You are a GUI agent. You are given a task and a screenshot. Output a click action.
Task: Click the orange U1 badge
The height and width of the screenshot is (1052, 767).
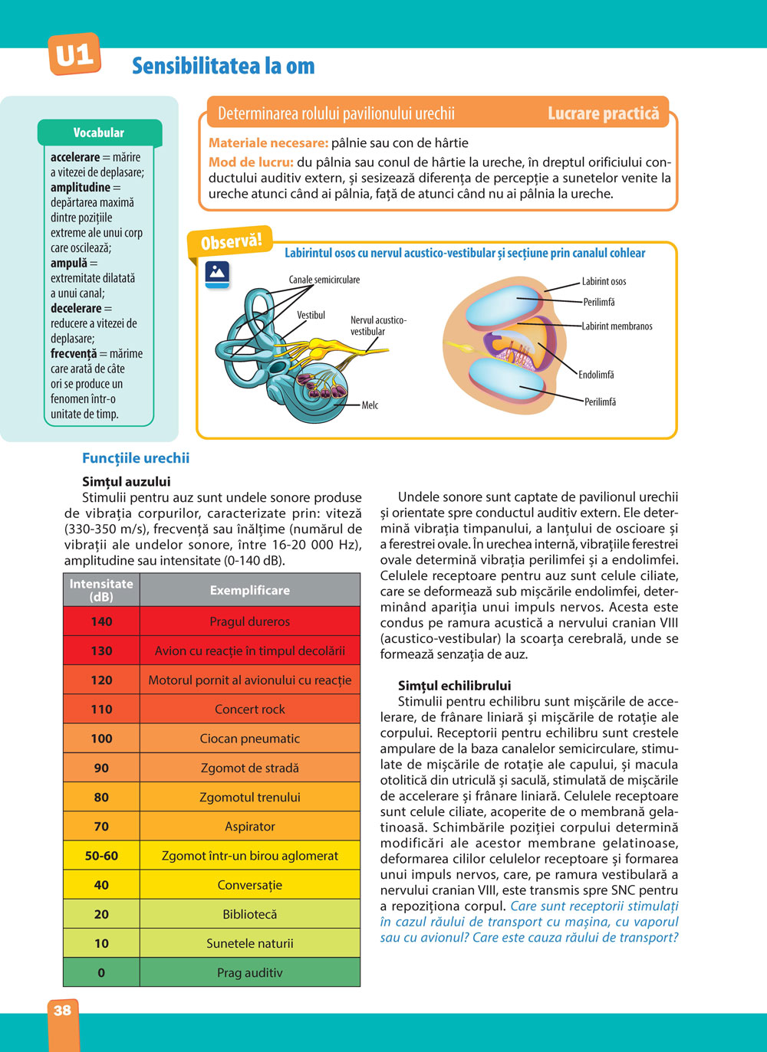[74, 54]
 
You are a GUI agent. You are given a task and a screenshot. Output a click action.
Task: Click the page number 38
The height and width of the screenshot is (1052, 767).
[63, 1011]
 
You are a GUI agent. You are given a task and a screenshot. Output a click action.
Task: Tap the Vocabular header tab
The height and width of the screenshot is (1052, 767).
[99, 133]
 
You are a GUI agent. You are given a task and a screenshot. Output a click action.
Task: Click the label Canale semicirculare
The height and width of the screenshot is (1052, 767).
[324, 280]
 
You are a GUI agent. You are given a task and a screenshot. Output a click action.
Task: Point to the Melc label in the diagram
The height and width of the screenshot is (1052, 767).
[370, 405]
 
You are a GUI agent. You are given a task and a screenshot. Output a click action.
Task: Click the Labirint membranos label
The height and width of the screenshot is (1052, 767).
[617, 326]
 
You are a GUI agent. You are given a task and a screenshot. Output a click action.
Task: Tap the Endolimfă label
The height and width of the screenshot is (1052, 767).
[596, 375]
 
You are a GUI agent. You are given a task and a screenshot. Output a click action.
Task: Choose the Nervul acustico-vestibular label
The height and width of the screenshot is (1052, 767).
[378, 326]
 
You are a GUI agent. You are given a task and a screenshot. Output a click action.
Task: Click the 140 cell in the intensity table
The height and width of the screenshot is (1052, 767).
[101, 621]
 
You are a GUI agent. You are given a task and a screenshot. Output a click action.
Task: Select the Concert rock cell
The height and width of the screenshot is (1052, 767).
[250, 710]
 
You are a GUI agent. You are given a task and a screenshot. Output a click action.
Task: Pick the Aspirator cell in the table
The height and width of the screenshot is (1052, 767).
[250, 826]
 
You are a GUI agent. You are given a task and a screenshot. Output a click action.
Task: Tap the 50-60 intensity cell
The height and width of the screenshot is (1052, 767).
[101, 856]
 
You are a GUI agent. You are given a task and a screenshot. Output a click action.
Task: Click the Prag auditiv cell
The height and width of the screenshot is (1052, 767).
[250, 972]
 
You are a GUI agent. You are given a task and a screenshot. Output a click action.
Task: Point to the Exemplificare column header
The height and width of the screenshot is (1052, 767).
[250, 590]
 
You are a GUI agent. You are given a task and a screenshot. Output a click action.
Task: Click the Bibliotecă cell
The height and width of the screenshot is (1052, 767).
[250, 914]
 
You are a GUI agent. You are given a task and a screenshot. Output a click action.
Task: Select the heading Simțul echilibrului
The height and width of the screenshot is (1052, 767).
[454, 686]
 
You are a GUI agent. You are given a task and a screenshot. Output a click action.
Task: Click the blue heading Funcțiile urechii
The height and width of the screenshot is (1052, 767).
[136, 458]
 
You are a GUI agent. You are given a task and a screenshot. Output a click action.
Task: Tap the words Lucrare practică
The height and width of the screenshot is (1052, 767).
[603, 114]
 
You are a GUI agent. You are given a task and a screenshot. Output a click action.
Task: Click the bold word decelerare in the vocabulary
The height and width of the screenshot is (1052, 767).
[76, 308]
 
